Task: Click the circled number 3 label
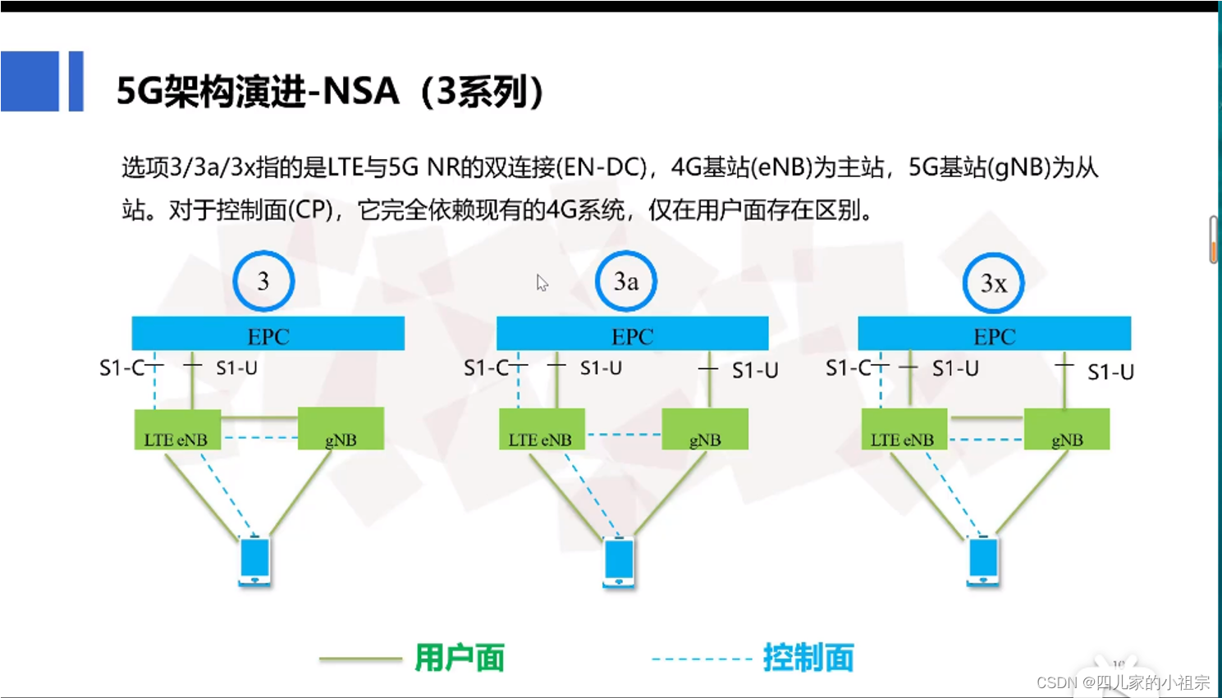(263, 281)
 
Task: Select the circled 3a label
(626, 281)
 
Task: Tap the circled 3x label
(993, 283)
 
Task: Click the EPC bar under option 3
(268, 334)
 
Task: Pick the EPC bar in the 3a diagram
(632, 334)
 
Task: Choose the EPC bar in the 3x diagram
(994, 334)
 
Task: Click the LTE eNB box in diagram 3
(177, 430)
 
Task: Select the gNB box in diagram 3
(341, 429)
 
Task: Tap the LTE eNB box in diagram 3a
(542, 430)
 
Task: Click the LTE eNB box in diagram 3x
(904, 430)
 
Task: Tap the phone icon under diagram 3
(254, 560)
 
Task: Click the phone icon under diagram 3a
(619, 562)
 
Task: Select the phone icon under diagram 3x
(983, 560)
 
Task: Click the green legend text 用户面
(460, 658)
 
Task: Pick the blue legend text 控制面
(808, 658)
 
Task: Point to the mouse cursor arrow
(541, 282)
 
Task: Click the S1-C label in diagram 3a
(487, 368)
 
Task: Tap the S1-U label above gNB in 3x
(1110, 372)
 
